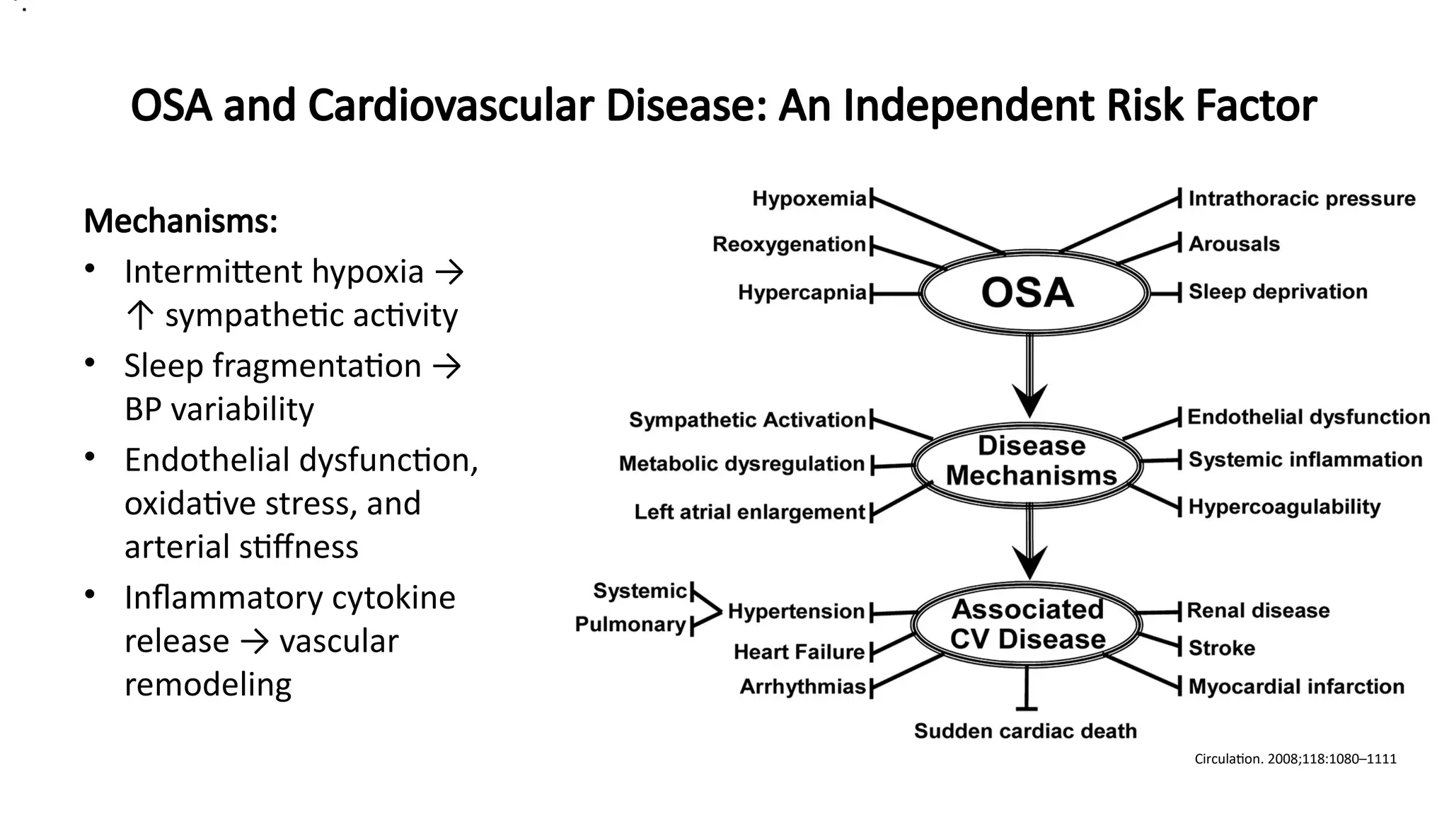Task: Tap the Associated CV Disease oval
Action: (1027, 624)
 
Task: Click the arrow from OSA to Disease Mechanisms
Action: (1029, 378)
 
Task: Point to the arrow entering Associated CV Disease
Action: (1029, 545)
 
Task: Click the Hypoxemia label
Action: (809, 199)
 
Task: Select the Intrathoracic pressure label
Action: (1301, 199)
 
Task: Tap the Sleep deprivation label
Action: (1277, 291)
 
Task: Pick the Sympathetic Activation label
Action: (747, 420)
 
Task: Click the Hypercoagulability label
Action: (1283, 507)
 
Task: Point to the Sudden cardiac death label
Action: (1025, 731)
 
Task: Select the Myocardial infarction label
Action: (1295, 686)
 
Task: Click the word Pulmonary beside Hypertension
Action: (630, 625)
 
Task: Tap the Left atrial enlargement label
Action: (749, 511)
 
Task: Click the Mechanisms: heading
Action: (180, 221)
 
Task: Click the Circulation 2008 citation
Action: (1295, 759)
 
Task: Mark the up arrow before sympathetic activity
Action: (140, 316)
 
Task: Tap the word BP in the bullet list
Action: (143, 410)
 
